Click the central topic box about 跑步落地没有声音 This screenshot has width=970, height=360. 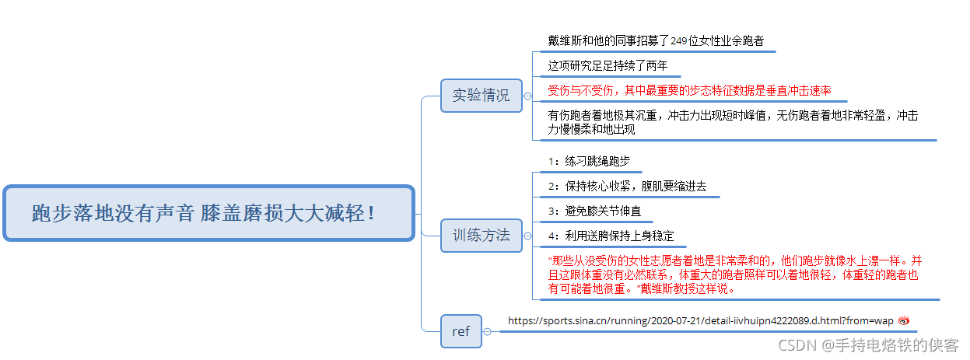pyautogui.click(x=208, y=212)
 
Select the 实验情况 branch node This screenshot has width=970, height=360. pyautogui.click(x=481, y=96)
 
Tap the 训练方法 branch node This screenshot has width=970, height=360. pyautogui.click(x=481, y=235)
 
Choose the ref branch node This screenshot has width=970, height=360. pyautogui.click(x=460, y=331)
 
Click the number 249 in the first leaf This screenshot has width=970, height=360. pyautogui.click(x=679, y=40)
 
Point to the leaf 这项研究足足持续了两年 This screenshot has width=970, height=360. pyautogui.click(x=608, y=65)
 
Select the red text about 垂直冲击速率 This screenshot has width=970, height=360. pyautogui.click(x=689, y=90)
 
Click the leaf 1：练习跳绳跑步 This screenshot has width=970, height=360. pyautogui.click(x=589, y=161)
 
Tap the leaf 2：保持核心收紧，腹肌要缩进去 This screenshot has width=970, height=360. pyautogui.click(x=627, y=186)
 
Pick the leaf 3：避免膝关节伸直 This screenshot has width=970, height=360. pyautogui.click(x=594, y=211)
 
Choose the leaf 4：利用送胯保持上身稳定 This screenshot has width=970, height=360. pyautogui.click(x=611, y=236)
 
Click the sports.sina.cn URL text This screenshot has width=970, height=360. pyautogui.click(x=700, y=320)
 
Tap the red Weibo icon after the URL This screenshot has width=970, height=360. pyautogui.click(x=903, y=320)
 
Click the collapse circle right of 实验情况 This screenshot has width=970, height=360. pyautogui.click(x=528, y=96)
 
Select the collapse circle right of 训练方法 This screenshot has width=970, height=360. pyautogui.click(x=528, y=236)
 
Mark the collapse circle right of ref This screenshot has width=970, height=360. pyautogui.click(x=487, y=332)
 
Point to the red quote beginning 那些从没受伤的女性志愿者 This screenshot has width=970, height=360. pyautogui.click(x=734, y=274)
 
